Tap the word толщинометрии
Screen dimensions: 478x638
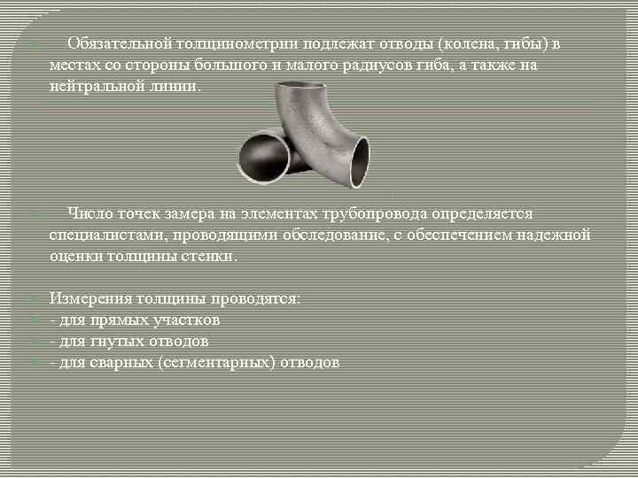238,43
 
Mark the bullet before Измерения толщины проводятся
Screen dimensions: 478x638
33,299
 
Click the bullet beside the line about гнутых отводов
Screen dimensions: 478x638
33,342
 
